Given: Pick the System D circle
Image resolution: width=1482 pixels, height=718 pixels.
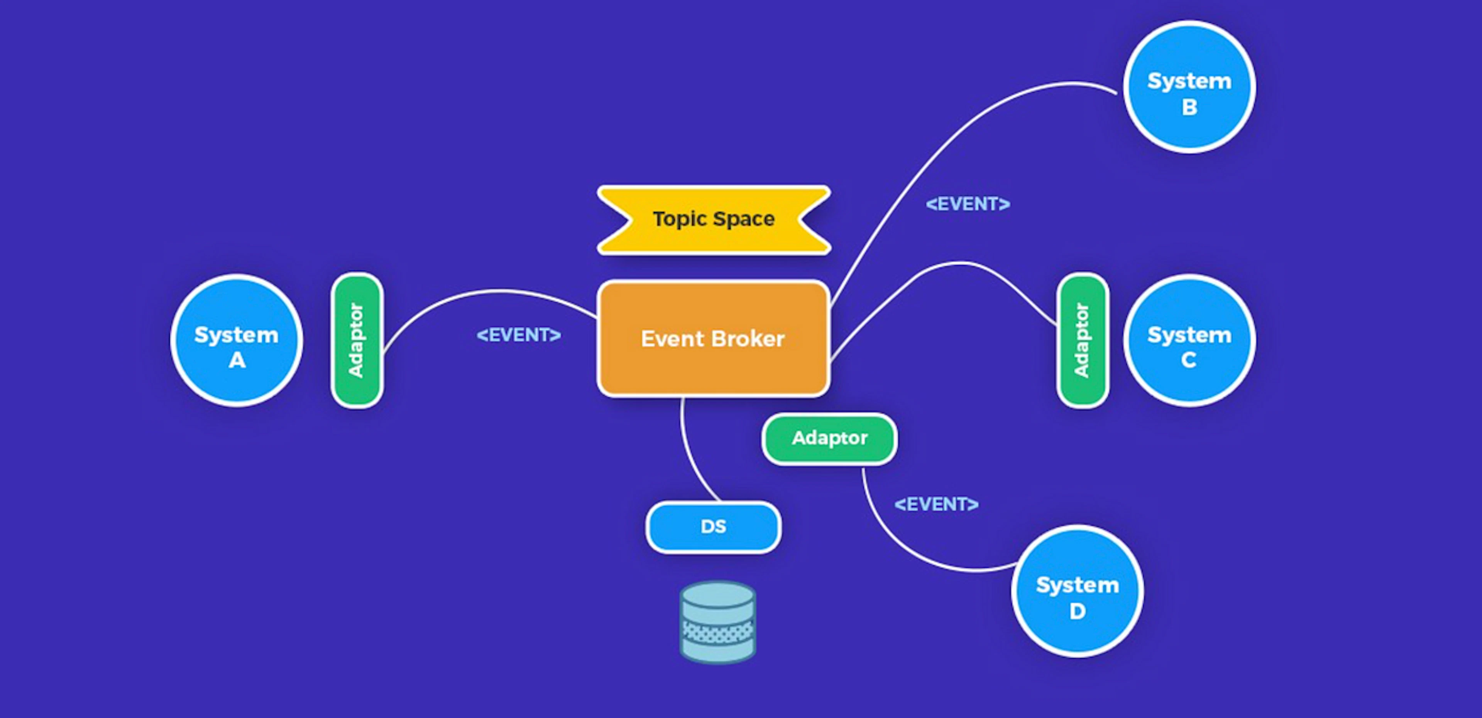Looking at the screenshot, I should (x=1077, y=591).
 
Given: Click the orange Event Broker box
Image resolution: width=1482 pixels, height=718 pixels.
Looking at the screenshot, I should (x=713, y=339).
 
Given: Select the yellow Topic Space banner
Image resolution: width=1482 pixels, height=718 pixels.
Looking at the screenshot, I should (x=713, y=219).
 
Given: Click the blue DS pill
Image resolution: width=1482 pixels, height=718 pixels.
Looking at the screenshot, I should (x=713, y=527).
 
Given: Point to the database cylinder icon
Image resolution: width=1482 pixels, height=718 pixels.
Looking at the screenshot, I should (x=717, y=623).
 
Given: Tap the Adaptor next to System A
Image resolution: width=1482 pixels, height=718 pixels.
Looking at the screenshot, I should (x=357, y=340).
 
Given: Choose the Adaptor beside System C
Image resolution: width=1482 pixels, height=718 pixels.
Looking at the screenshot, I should (x=1082, y=340).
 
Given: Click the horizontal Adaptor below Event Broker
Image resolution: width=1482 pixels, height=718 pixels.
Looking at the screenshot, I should (x=829, y=438).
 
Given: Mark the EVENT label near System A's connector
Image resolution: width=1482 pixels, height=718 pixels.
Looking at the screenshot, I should (x=518, y=334).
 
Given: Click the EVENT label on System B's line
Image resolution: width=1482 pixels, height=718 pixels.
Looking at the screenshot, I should (x=968, y=204).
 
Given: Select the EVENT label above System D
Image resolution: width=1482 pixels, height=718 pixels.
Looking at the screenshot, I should (x=936, y=504).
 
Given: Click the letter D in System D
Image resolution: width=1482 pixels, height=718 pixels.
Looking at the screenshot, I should (x=1077, y=611).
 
